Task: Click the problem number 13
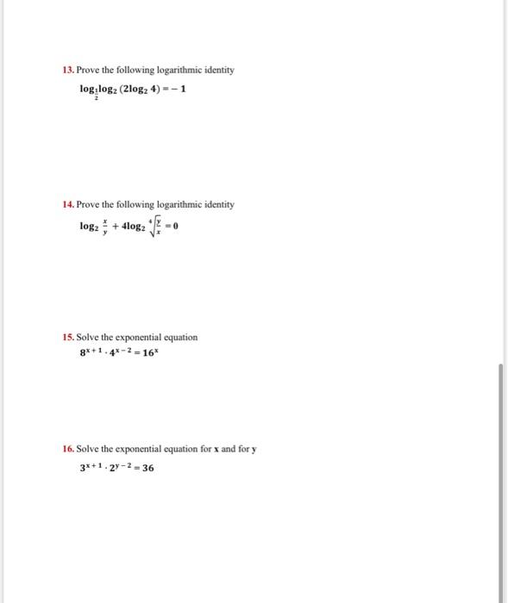pos(68,70)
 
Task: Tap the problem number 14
pos(68,204)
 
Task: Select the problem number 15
pos(68,337)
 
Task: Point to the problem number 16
pos(68,449)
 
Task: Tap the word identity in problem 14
pos(216,204)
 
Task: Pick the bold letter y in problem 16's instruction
pos(254,449)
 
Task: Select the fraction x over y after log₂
pos(106,226)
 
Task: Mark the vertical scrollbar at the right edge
pos(499,482)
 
